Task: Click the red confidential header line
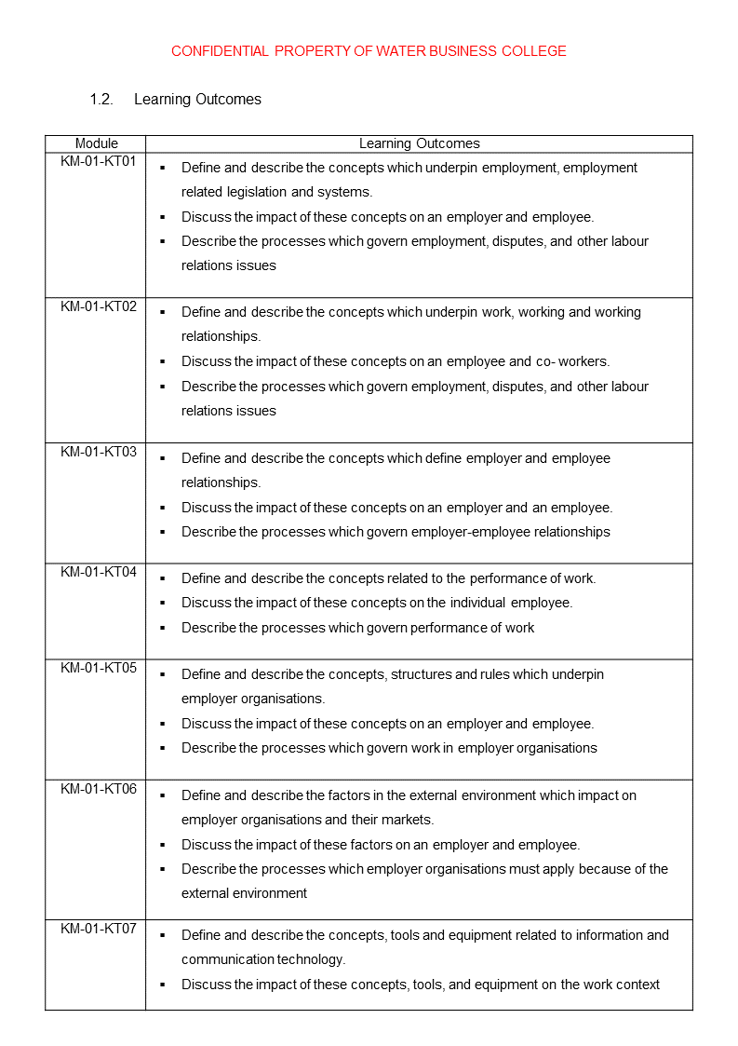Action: coord(369,51)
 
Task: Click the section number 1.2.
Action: coord(101,100)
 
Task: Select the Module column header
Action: coord(97,143)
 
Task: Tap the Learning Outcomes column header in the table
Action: coord(419,143)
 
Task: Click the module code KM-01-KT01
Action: coord(99,161)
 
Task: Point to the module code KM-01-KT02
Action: coord(99,306)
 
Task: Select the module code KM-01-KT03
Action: coord(99,452)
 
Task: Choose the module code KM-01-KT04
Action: coord(99,572)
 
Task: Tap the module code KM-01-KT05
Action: coord(99,668)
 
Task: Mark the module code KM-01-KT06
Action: coord(99,789)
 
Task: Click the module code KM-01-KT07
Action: coord(99,929)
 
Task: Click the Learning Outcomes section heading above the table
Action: coord(197,100)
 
